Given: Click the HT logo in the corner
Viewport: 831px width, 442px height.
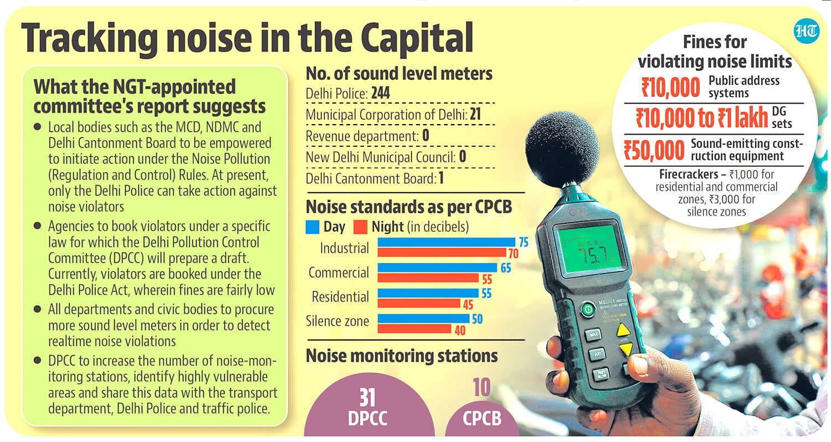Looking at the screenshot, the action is pos(807,32).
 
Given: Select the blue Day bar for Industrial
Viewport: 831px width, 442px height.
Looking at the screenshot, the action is pos(447,242).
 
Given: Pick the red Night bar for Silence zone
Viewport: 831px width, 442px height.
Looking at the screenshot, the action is pos(414,328).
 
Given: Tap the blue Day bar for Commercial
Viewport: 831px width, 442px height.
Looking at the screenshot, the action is pos(438,268).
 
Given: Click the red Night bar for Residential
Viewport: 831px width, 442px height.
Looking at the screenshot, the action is pos(419,304).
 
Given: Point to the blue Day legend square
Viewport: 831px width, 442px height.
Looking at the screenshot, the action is pos(312,227).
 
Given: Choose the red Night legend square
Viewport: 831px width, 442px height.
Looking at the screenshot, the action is pos(360,227).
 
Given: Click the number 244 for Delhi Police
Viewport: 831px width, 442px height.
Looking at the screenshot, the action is pos(381,92).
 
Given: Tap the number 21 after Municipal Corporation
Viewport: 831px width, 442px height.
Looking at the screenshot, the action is pos(475,114).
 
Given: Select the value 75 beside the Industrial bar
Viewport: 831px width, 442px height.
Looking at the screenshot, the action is pos(524,243).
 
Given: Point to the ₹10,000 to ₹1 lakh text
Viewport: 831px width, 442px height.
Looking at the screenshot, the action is pos(702,117).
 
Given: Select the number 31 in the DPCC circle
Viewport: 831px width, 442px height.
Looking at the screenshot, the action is pos(367,398).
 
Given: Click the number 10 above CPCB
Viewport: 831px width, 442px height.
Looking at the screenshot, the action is pos(481,388).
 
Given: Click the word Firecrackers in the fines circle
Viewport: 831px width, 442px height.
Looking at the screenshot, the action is pos(689,174).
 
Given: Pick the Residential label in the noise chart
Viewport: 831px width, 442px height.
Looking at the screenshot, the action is pos(340,297).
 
